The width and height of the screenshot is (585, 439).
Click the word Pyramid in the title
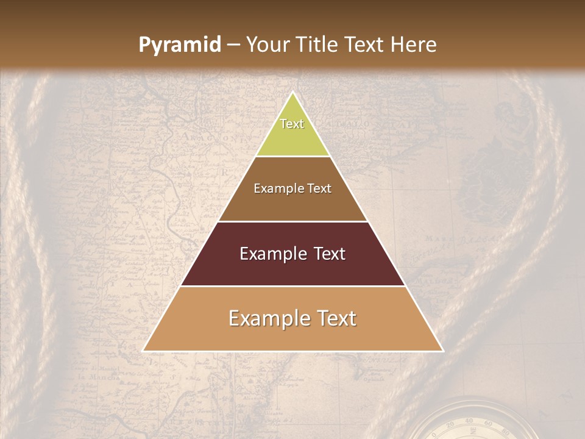click(x=180, y=45)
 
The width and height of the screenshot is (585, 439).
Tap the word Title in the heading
click(x=317, y=45)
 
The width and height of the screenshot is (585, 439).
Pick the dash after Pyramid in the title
click(x=233, y=45)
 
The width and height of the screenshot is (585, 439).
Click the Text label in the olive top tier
click(x=292, y=124)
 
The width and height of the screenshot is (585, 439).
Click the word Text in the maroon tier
click(x=329, y=254)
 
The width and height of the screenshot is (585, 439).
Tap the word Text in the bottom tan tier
click(x=336, y=318)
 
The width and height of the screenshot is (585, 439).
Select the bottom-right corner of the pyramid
click(x=442, y=351)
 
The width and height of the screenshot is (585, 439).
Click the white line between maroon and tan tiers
click(x=293, y=286)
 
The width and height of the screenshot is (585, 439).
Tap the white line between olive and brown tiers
click(x=293, y=157)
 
